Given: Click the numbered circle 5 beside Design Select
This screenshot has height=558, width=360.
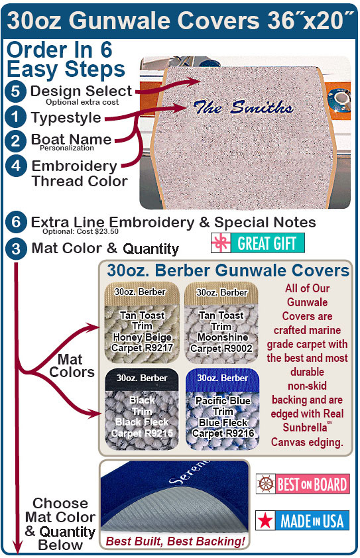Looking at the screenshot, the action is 15,91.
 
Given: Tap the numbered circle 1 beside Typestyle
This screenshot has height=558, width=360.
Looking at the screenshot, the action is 15,117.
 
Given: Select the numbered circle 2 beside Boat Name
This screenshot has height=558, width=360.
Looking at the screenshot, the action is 15,141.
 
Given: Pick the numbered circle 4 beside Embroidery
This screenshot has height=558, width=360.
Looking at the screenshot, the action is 16,166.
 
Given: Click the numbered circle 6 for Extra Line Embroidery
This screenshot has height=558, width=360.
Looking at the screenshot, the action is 16,223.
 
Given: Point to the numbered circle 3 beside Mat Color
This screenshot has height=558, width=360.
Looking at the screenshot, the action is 16,249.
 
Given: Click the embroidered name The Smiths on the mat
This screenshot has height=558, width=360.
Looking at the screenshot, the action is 243,107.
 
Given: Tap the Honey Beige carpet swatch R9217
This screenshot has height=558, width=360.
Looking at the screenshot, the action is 142,323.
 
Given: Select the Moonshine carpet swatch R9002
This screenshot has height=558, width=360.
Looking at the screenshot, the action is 221,323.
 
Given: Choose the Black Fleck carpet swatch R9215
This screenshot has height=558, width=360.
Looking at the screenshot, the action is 142,409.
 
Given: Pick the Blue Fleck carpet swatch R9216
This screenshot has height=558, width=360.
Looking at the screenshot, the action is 222,409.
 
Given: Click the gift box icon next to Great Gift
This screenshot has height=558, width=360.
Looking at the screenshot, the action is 221,243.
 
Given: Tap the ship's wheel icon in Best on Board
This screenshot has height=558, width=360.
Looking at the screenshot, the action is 266,484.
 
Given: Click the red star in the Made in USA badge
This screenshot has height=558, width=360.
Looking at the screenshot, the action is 266,521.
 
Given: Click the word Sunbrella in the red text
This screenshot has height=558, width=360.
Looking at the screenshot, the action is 305,427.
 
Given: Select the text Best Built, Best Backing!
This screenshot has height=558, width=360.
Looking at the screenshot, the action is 176,541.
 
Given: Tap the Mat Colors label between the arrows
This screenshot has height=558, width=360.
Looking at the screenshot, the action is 72,366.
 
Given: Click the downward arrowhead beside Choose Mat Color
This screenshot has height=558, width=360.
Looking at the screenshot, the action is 17,546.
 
